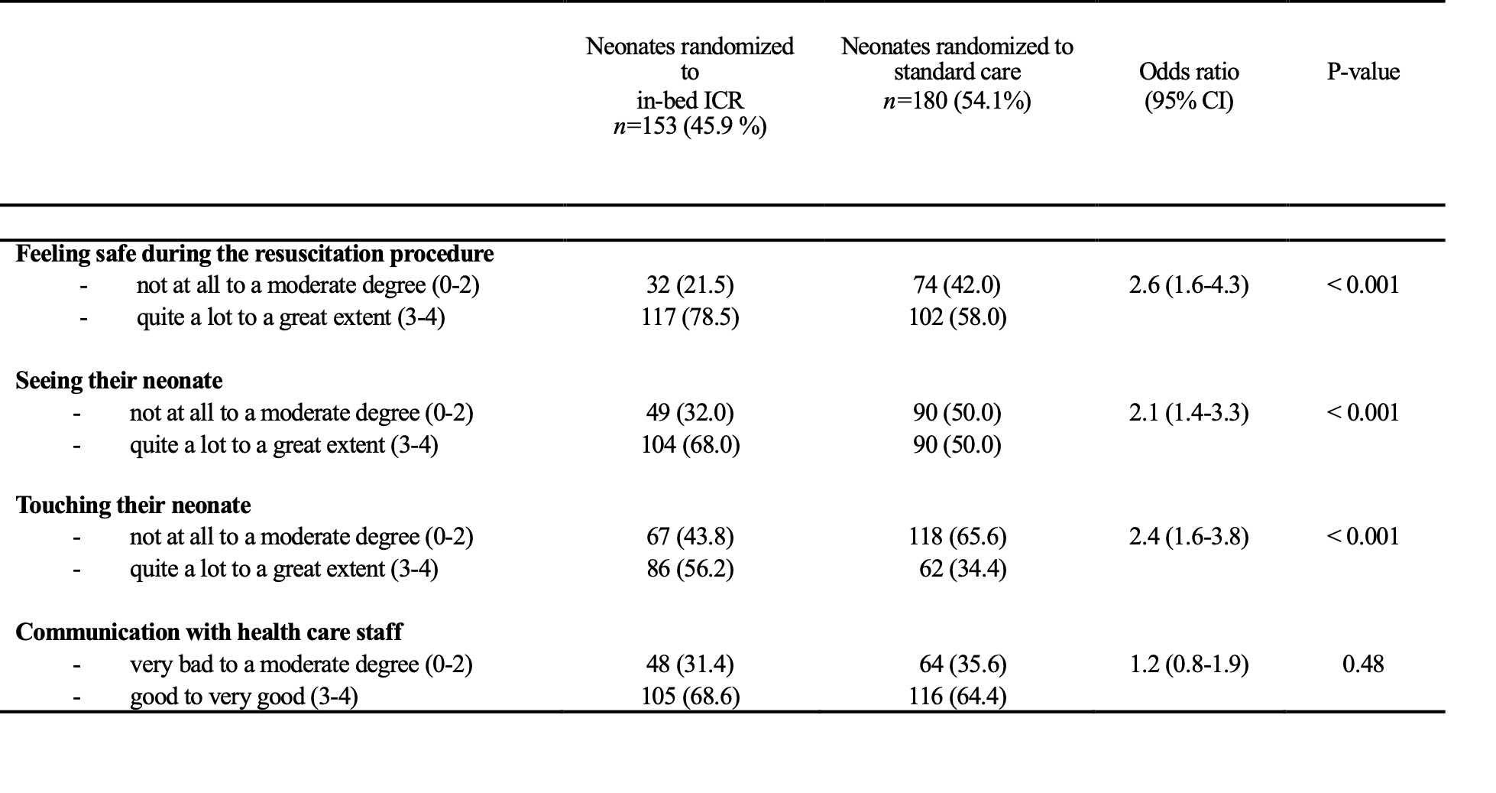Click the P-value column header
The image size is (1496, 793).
click(1363, 72)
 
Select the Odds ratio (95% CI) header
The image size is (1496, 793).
click(1189, 86)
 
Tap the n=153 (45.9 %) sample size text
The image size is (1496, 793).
click(690, 125)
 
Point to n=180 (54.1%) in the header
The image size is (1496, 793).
click(957, 100)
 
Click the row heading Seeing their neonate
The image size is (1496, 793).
click(119, 381)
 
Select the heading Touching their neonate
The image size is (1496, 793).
click(133, 505)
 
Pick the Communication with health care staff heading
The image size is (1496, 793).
click(209, 632)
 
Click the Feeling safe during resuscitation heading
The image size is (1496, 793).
click(254, 254)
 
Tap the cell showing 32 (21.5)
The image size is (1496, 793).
click(690, 285)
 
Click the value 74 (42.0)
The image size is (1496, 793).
click(957, 285)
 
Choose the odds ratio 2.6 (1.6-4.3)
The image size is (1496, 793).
click(1189, 285)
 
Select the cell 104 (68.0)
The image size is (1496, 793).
click(690, 444)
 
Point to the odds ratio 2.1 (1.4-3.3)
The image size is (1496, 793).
click(1189, 413)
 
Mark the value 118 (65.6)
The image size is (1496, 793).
click(957, 537)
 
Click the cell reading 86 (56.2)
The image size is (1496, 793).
click(690, 569)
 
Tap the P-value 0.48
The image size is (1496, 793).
click(1363, 664)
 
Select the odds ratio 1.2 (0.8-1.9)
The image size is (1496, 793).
click(1189, 664)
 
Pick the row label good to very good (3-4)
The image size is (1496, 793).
click(244, 697)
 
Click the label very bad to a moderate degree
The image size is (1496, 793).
click(301, 665)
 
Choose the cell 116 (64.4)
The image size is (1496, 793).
click(957, 697)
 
